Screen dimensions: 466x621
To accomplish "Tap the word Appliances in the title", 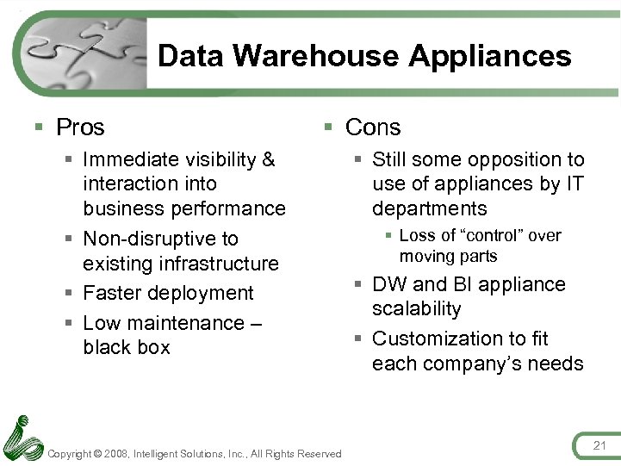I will [x=489, y=56].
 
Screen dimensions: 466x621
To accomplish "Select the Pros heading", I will [x=80, y=127].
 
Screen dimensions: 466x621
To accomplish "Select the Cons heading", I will [x=373, y=127].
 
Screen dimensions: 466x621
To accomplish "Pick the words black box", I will [x=127, y=347].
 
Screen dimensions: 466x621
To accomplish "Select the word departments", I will [x=429, y=208].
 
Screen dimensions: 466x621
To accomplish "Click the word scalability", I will [x=416, y=308].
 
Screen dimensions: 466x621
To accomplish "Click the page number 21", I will [x=599, y=444].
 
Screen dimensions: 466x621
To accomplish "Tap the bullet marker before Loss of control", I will [x=389, y=236].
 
